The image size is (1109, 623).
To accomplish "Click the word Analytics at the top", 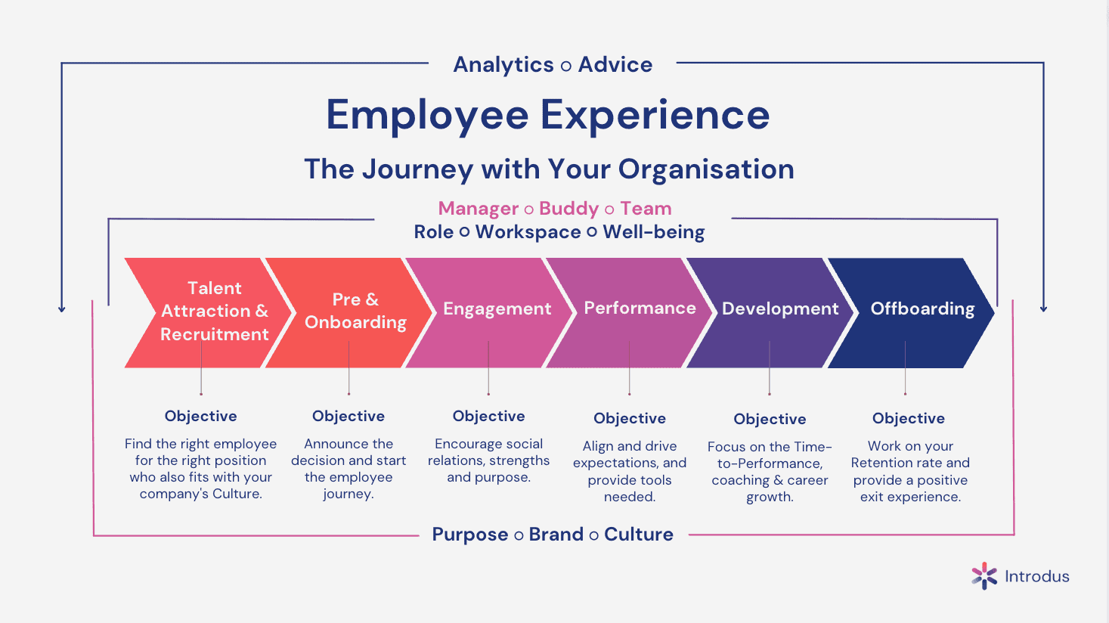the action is tap(503, 65).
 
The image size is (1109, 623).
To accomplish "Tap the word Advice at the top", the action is tap(615, 64).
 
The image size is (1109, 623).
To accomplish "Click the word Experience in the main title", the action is tap(655, 116).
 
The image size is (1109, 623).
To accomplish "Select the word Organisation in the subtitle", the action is tap(707, 169).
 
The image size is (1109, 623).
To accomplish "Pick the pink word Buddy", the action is tap(568, 209).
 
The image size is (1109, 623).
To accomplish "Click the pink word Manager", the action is tap(479, 209).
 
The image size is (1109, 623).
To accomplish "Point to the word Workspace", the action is tap(528, 232).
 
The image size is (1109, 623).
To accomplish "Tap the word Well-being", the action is tap(653, 232).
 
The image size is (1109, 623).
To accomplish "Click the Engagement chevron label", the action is tap(497, 308).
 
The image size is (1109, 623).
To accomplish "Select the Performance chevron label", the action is tap(640, 308).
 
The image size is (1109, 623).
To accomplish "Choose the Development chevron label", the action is tap(780, 308).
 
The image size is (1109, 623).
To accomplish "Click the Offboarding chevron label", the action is tap(922, 308).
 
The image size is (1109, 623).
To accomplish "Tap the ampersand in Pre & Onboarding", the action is tap(372, 299).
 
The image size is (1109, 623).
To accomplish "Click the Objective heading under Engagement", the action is tap(488, 416).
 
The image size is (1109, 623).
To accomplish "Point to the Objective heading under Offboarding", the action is tap(909, 418).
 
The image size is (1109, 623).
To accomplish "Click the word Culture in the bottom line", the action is tap(639, 535).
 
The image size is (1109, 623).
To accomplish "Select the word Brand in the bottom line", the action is tap(556, 535).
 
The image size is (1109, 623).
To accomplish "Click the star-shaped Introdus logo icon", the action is tap(984, 576).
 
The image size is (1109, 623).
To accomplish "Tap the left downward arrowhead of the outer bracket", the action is tap(61, 309).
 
